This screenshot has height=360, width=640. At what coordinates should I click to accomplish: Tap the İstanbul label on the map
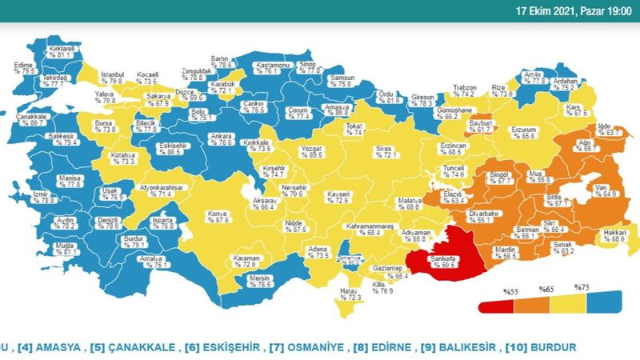111,78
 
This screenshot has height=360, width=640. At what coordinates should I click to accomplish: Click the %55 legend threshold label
510,293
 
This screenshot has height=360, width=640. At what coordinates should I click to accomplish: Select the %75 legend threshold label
582,286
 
